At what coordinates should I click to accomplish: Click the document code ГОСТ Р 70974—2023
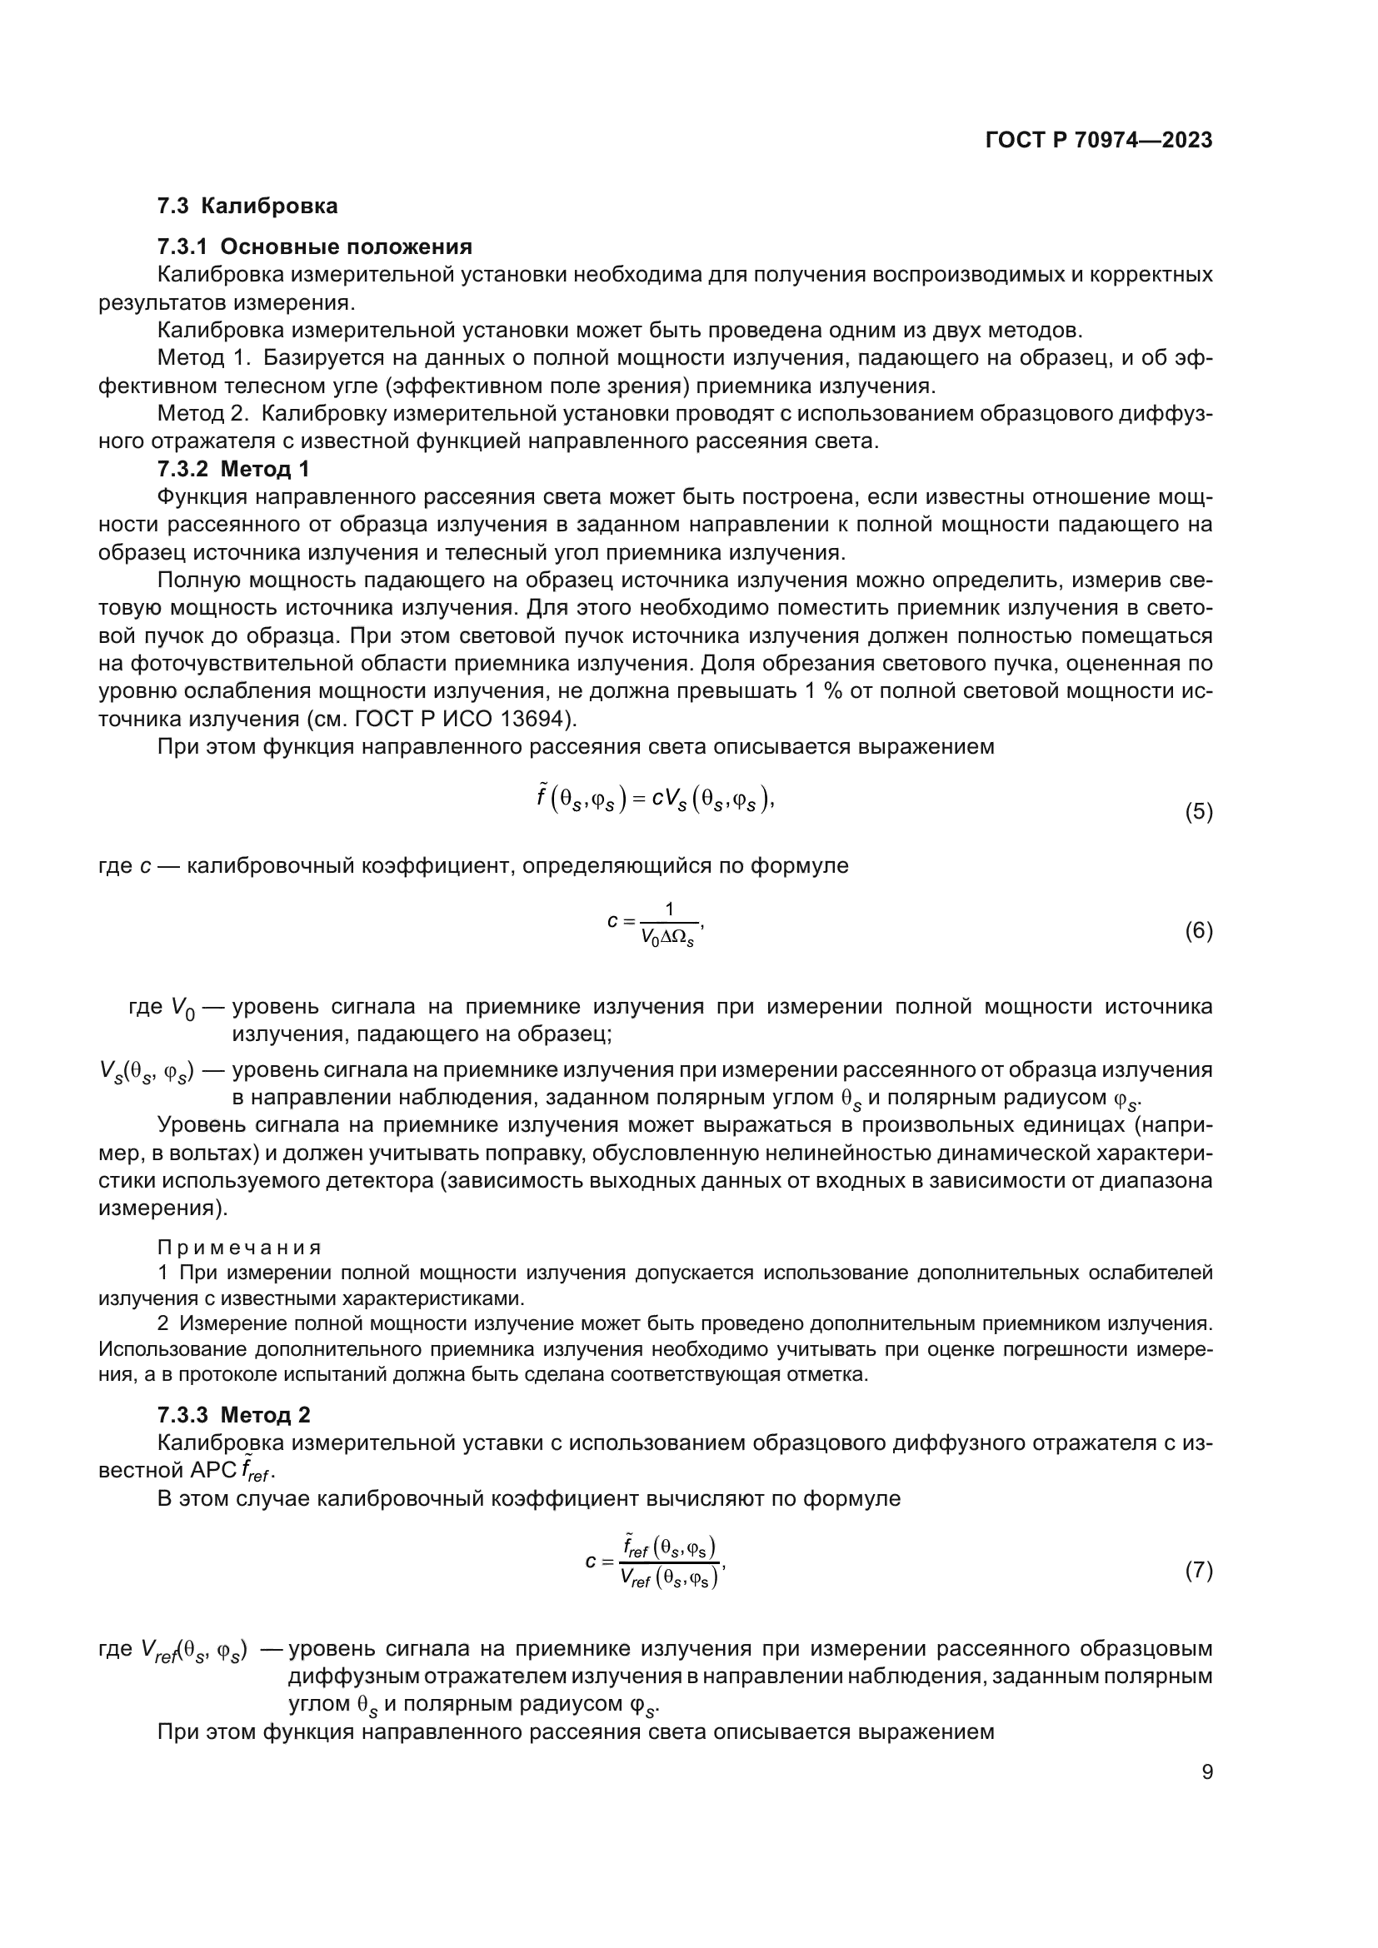[x=1099, y=141]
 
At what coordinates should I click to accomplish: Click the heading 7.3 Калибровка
[x=247, y=207]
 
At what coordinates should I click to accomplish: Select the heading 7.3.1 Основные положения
[x=315, y=247]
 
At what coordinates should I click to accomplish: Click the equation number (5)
[x=1198, y=812]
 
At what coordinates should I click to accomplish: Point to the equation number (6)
[x=1198, y=931]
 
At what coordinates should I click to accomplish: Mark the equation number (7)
[x=1198, y=1571]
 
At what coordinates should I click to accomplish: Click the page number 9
[x=1206, y=1772]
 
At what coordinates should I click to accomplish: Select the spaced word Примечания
[x=239, y=1248]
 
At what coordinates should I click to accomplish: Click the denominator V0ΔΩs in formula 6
[x=668, y=939]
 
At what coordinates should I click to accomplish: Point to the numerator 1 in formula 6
[x=669, y=909]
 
